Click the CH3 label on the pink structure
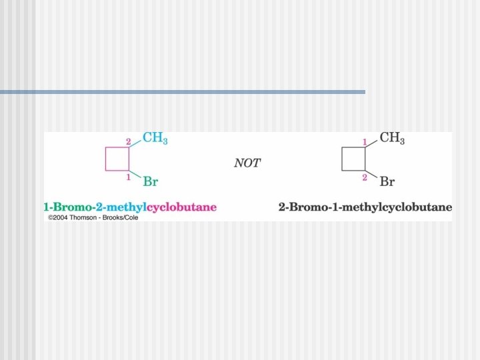point(155,139)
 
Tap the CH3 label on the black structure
point(392,139)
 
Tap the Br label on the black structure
point(387,181)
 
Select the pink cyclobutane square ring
point(117,160)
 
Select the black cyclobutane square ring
point(353,160)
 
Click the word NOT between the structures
point(247,163)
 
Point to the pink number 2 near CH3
point(129,141)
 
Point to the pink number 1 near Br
point(129,177)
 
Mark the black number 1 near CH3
point(365,141)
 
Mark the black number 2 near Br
point(365,177)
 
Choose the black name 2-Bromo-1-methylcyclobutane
point(365,207)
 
